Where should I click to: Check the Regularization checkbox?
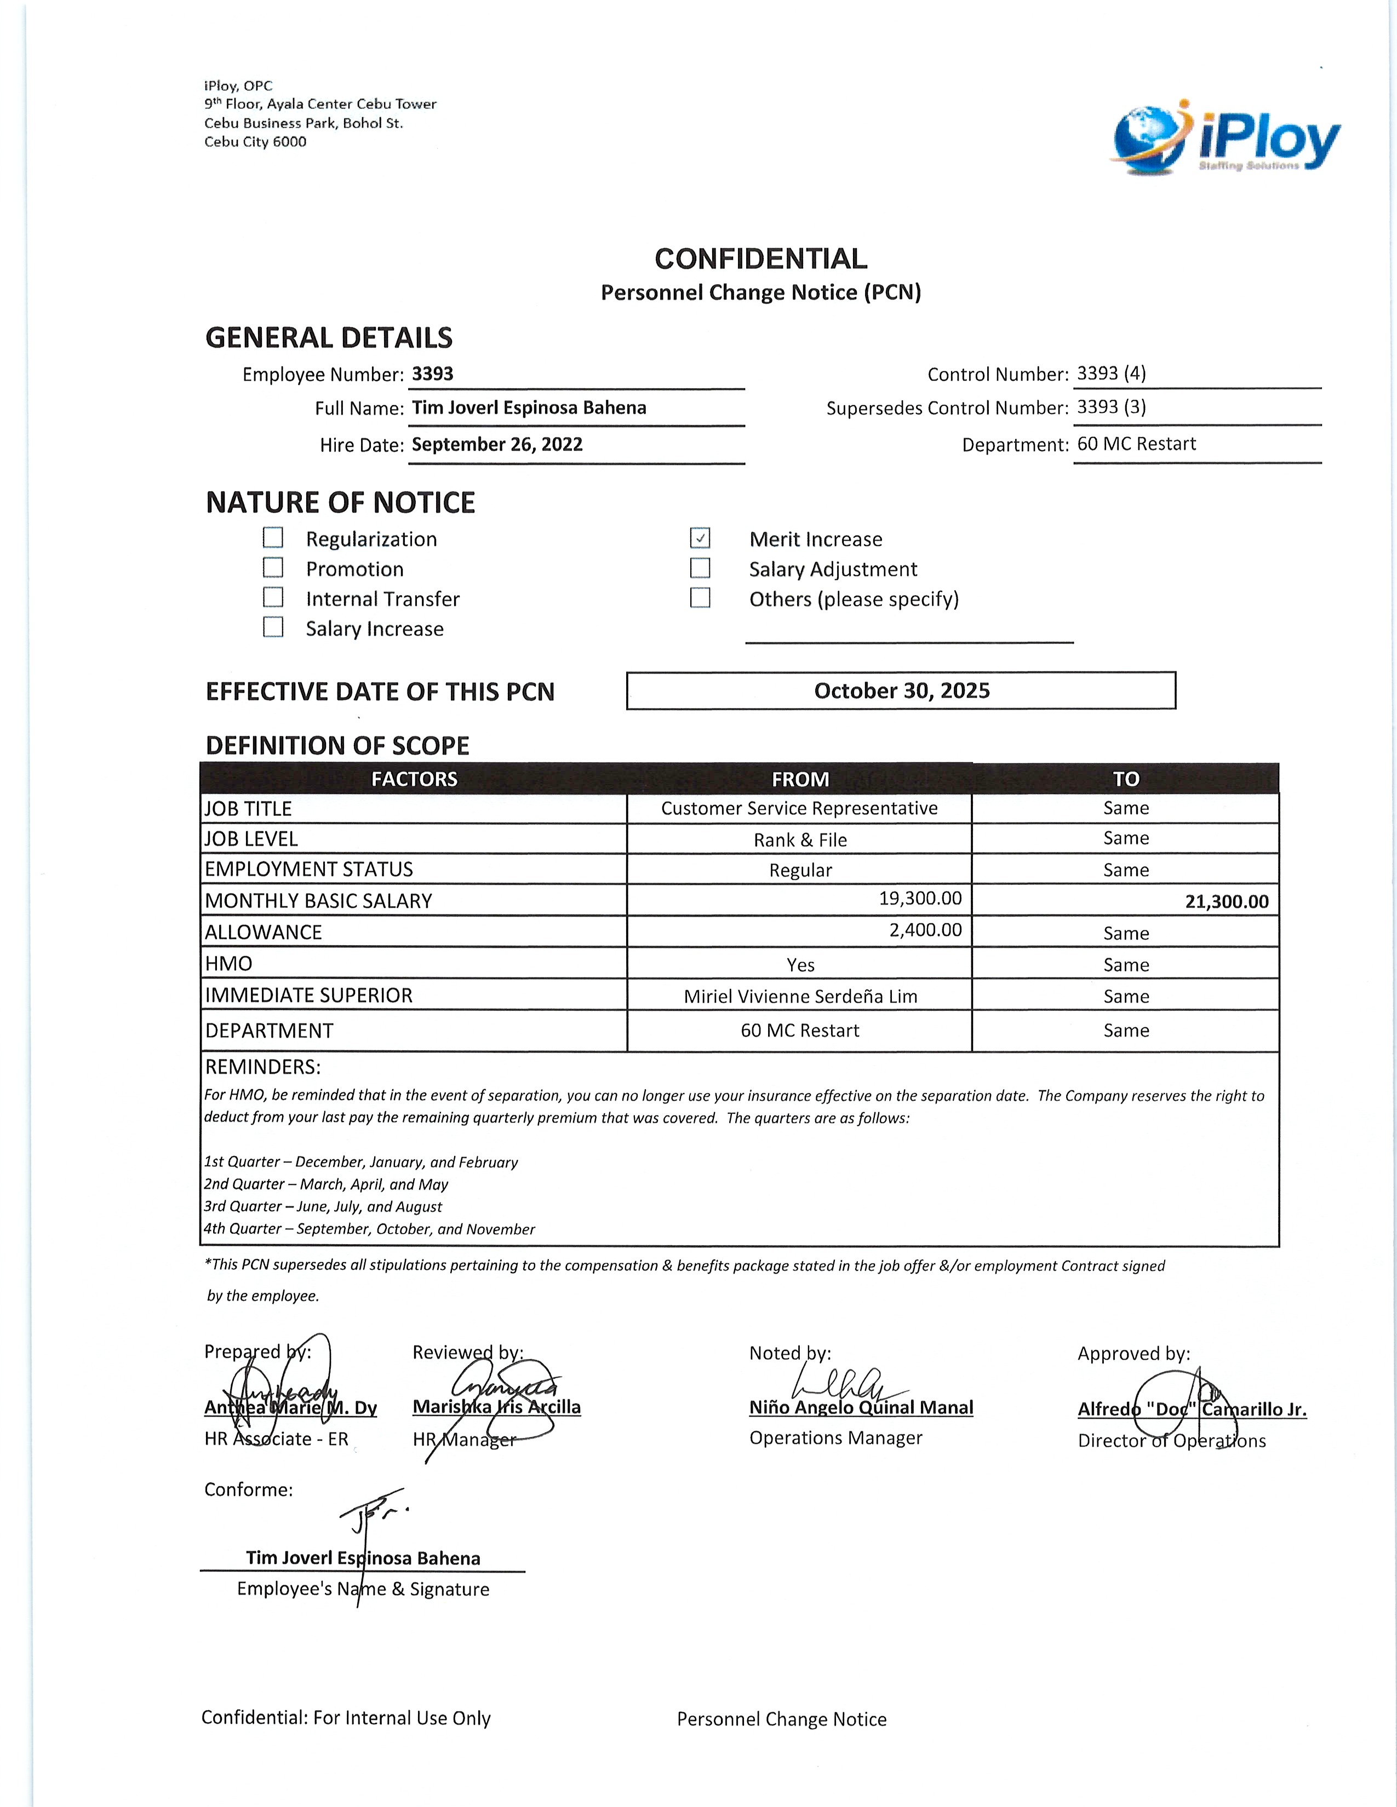point(273,538)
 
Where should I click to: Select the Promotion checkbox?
point(273,568)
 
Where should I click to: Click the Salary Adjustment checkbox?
point(700,568)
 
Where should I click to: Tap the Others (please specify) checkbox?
point(700,598)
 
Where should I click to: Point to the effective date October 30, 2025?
point(901,691)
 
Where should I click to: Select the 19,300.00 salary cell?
point(919,899)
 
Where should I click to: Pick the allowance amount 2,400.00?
point(925,930)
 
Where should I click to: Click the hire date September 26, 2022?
point(497,444)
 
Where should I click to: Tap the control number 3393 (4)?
point(1112,373)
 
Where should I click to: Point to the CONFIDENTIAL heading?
point(760,259)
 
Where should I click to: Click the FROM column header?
point(799,779)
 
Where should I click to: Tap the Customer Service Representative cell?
point(799,808)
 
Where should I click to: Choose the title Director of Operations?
point(1171,1441)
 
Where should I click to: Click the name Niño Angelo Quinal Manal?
point(861,1407)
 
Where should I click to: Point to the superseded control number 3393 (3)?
point(1112,407)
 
